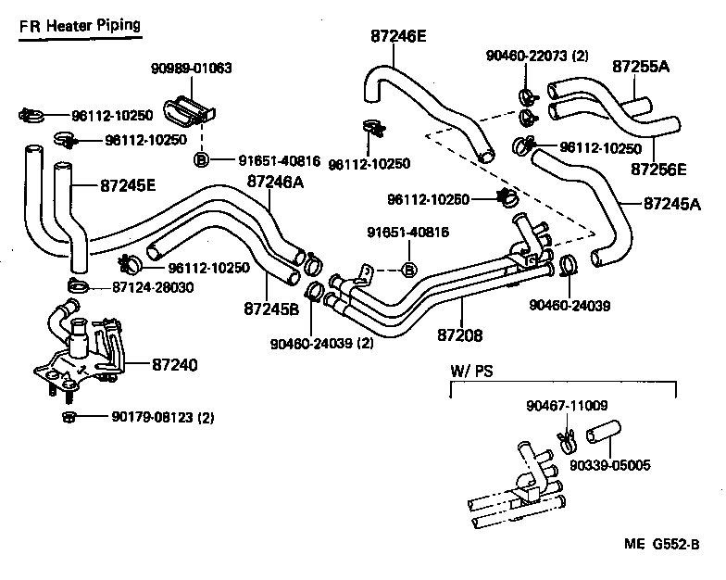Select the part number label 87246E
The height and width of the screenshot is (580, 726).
click(x=398, y=37)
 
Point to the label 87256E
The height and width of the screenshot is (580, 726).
click(x=658, y=170)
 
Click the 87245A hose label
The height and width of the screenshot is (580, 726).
click(x=671, y=204)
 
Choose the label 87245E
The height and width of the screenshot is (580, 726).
click(x=128, y=185)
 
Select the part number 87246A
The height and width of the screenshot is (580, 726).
click(x=275, y=183)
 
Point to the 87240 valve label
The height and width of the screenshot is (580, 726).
click(x=173, y=365)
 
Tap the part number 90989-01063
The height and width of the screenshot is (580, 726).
click(x=192, y=69)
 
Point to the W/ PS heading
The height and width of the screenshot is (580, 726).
click(x=471, y=371)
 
